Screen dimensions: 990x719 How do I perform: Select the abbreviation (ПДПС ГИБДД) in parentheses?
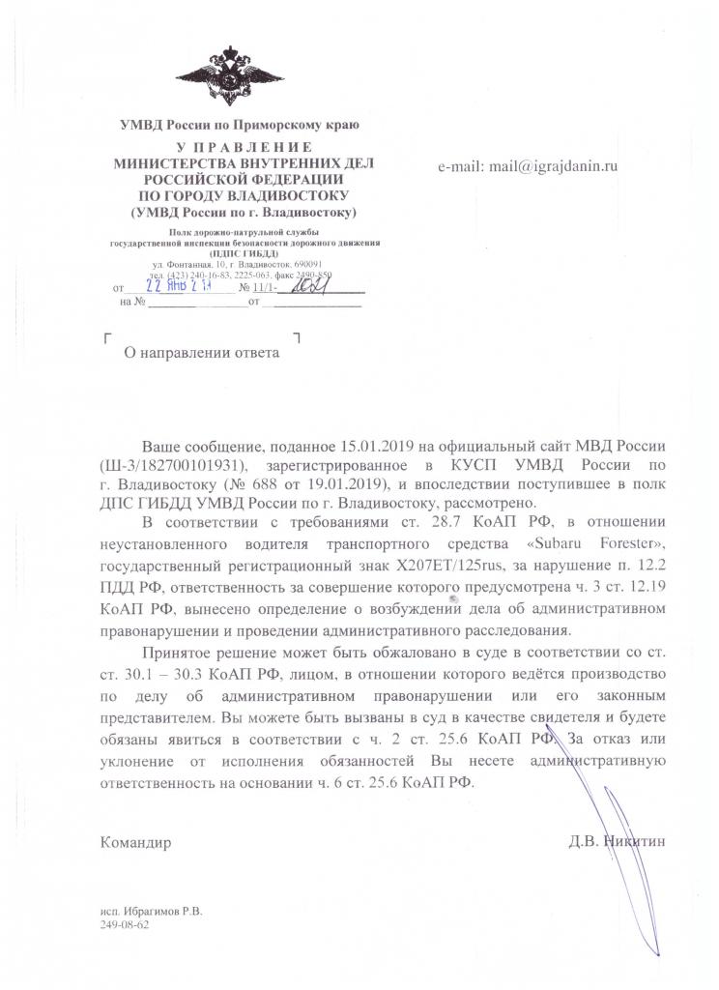pos(243,252)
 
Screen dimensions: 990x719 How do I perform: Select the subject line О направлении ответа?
pos(205,353)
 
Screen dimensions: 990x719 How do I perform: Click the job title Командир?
pos(136,842)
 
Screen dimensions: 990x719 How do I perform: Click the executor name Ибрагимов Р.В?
pos(169,911)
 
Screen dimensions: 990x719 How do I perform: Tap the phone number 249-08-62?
pos(124,924)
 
